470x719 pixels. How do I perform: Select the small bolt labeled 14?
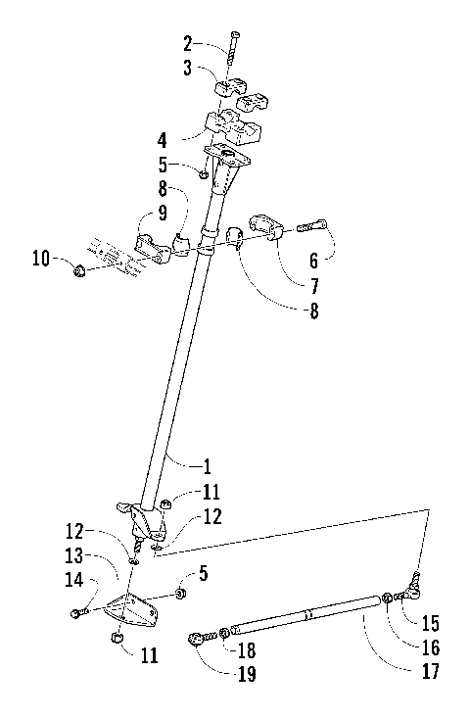pyautogui.click(x=75, y=614)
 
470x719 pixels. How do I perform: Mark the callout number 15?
pyautogui.click(x=430, y=622)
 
